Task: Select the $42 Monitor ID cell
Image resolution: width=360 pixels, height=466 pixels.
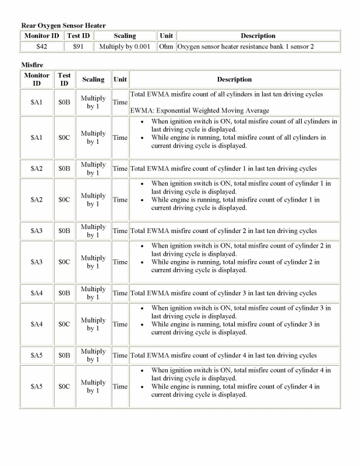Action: (x=41, y=46)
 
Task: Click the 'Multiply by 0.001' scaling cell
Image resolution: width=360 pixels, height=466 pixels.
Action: (x=125, y=46)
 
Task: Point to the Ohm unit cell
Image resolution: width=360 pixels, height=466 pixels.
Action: (x=166, y=46)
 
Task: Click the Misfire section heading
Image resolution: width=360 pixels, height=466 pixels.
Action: (x=32, y=65)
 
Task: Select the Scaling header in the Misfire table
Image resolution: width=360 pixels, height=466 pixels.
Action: (x=93, y=79)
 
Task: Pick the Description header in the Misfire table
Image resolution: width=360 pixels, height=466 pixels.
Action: (x=234, y=79)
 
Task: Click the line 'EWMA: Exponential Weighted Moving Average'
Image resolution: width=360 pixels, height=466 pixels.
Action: (x=200, y=110)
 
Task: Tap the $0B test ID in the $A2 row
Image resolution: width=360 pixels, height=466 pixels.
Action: (x=64, y=168)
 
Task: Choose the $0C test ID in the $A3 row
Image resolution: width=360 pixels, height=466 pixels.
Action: (x=64, y=262)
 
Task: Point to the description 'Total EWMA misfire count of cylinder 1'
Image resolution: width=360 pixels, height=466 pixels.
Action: (x=223, y=168)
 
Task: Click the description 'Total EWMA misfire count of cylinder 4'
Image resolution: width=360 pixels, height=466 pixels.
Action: (x=223, y=355)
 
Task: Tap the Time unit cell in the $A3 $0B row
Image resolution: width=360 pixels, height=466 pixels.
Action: (x=120, y=231)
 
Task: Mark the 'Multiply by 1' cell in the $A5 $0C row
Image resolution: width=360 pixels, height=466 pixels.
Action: (x=93, y=386)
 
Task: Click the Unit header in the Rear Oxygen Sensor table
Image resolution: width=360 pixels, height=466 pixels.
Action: (x=166, y=36)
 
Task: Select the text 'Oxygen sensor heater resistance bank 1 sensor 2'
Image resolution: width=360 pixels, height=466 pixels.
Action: (x=245, y=46)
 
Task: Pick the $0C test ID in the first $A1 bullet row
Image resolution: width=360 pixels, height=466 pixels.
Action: (x=64, y=137)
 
